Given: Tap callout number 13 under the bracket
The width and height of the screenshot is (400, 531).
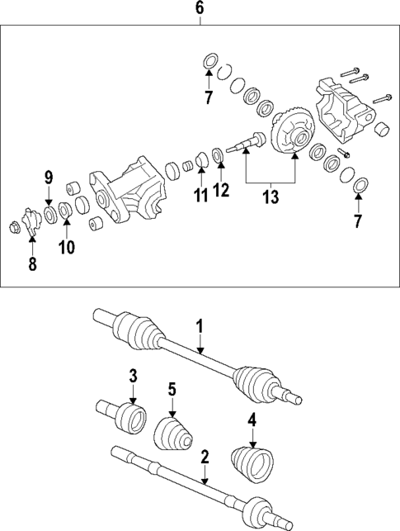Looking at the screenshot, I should [271, 197].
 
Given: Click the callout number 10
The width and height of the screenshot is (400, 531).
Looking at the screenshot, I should [66, 246].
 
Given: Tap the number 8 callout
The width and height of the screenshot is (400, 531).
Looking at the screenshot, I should [32, 265].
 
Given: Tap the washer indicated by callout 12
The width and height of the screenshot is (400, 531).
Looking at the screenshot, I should [219, 154].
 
